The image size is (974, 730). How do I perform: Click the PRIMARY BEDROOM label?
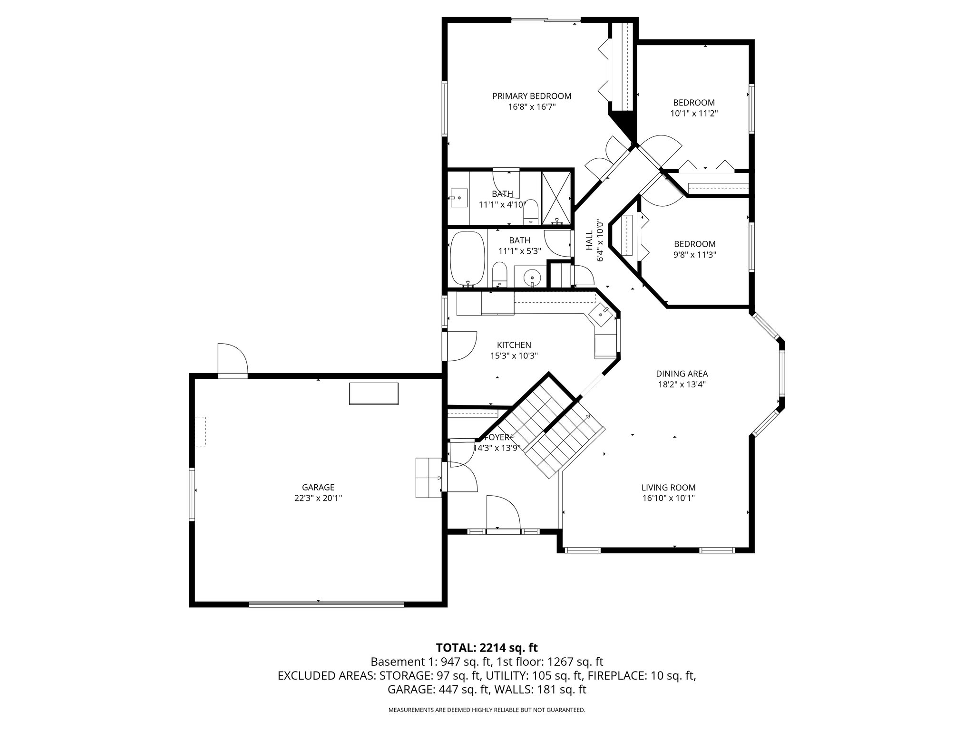(532, 96)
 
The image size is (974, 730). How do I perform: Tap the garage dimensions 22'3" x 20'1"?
(318, 498)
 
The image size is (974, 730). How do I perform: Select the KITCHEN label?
(514, 345)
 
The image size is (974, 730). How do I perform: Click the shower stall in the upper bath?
(556, 198)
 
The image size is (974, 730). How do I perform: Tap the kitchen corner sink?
(600, 314)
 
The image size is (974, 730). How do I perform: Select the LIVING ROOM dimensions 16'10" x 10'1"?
(668, 498)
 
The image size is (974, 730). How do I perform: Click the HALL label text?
(589, 240)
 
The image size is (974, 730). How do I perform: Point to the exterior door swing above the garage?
(232, 359)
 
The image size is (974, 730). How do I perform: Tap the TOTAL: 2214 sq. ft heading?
(487, 647)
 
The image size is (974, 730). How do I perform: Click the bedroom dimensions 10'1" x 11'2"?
(693, 114)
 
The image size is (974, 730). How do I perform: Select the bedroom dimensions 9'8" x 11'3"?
(694, 255)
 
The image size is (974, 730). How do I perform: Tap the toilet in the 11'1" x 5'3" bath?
(499, 275)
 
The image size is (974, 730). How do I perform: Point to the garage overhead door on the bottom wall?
(326, 605)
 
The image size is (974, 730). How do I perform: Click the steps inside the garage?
(428, 478)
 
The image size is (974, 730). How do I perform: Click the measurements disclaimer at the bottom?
(487, 710)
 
